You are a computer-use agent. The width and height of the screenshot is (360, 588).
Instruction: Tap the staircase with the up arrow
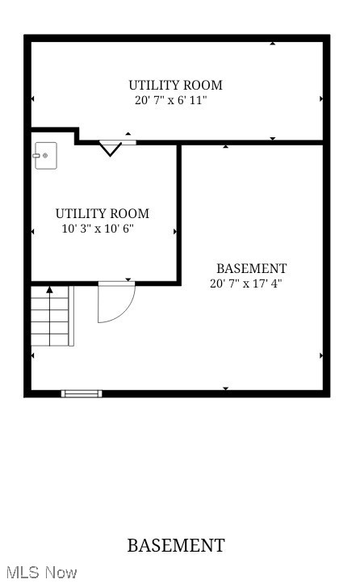pyautogui.click(x=52, y=317)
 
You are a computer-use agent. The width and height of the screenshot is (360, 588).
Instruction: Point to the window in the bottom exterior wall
pyautogui.click(x=82, y=393)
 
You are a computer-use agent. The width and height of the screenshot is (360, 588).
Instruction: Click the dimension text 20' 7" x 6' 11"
pyautogui.click(x=171, y=101)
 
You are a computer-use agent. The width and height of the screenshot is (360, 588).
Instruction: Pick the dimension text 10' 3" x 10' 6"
pyautogui.click(x=98, y=229)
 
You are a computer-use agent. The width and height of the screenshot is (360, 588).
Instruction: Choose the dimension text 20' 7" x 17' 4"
pyautogui.click(x=246, y=283)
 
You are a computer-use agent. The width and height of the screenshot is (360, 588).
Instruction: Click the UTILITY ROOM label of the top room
pyautogui.click(x=175, y=85)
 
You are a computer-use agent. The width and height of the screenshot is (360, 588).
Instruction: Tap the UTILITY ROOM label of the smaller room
pyautogui.click(x=102, y=213)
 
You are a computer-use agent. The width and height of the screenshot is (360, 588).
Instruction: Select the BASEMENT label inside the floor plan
pyautogui.click(x=251, y=268)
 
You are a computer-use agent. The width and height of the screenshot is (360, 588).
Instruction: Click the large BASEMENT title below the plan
pyautogui.click(x=175, y=546)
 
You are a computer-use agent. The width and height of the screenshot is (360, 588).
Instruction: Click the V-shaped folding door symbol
pyautogui.click(x=111, y=148)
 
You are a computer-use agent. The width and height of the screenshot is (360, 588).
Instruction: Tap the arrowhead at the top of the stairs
pyautogui.click(x=49, y=289)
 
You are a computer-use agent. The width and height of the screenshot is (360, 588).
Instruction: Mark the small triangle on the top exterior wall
pyautogui.click(x=272, y=43)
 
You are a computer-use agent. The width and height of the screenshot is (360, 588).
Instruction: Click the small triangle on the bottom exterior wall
pyautogui.click(x=225, y=389)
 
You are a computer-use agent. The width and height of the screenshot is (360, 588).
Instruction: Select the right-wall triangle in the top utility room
pyautogui.click(x=321, y=99)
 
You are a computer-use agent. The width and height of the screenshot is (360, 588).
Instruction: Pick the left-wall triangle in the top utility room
pyautogui.click(x=33, y=99)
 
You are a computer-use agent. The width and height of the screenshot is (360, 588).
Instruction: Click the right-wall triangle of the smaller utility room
pyautogui.click(x=175, y=232)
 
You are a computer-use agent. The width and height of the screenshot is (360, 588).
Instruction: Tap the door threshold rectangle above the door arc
pyautogui.click(x=115, y=282)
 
